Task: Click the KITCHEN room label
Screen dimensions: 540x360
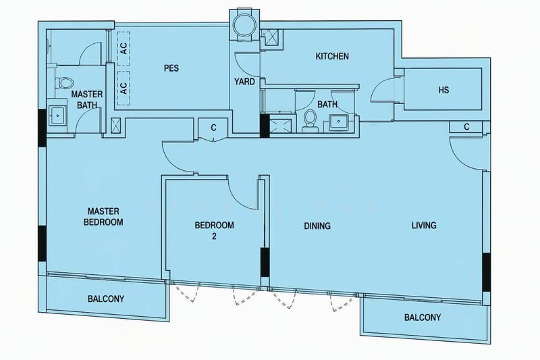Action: pos(332,56)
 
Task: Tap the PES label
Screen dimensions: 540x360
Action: pos(171,68)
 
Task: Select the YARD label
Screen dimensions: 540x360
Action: pos(244,82)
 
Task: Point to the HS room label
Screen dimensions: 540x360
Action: pos(443,90)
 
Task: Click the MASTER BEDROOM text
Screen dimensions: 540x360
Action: pos(103,217)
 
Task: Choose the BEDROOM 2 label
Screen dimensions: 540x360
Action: pos(214,230)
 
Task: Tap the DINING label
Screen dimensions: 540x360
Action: pos(317,226)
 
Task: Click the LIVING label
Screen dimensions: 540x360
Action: pos(424,226)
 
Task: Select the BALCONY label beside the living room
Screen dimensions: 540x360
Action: pos(423,317)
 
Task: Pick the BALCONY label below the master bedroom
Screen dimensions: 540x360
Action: pos(106,299)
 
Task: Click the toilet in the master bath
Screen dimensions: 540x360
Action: pos(64,83)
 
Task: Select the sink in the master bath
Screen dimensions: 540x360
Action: pos(58,114)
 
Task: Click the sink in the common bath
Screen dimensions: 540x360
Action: pos(339,122)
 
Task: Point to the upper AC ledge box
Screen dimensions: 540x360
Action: pos(124,48)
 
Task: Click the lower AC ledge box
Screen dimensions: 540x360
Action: pos(124,88)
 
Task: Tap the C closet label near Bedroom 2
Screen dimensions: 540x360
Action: pos(213,128)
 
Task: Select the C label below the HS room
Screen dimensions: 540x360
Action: pos(466,127)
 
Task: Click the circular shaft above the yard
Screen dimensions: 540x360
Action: pos(244,25)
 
